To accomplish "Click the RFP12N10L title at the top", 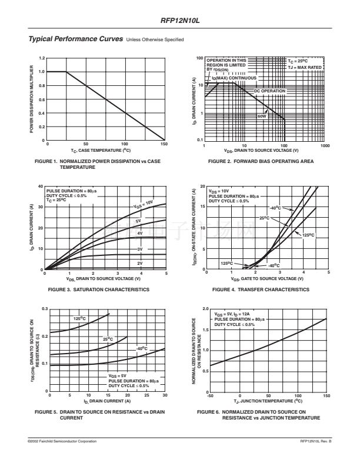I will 180,21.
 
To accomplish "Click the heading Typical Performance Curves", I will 75,39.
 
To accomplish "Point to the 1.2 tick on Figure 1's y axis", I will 42,58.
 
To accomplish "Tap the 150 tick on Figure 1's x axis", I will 164,144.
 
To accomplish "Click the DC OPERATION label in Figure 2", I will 269,91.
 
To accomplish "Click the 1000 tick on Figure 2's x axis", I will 325,145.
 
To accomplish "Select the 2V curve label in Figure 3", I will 140,263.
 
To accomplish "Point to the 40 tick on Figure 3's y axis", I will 41,187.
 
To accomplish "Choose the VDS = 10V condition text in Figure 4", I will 219,191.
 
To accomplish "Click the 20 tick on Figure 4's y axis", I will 202,187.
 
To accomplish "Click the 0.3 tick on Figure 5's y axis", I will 44,309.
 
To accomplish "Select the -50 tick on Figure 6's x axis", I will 211,395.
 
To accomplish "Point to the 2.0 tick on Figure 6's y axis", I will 205,309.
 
